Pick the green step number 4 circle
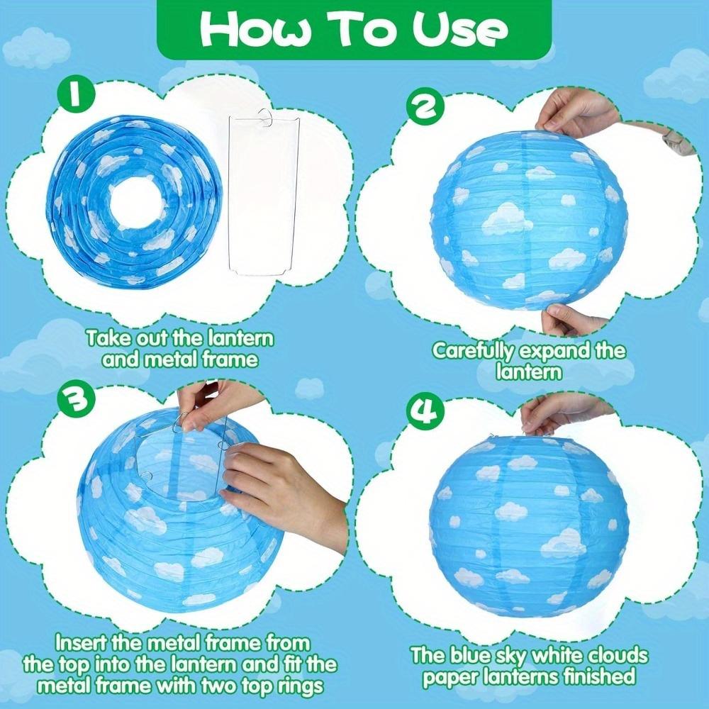(x=424, y=411)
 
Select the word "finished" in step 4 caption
(x=591, y=676)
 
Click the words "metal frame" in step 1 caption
(x=180, y=359)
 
